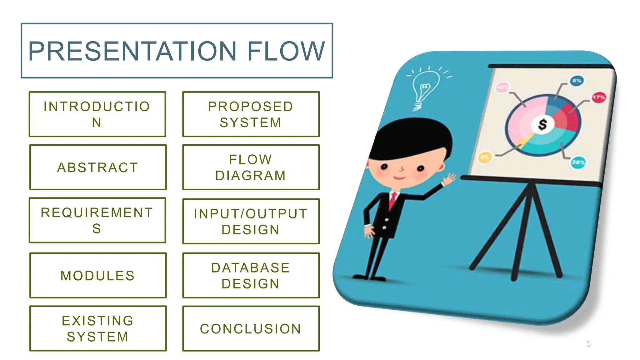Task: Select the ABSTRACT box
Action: click(x=98, y=167)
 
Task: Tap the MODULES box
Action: click(x=98, y=276)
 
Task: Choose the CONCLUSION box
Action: click(x=251, y=329)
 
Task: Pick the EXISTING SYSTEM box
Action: click(x=98, y=329)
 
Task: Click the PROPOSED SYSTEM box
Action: click(x=251, y=114)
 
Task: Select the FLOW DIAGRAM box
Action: click(x=251, y=167)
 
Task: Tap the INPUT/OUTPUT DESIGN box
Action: click(x=251, y=222)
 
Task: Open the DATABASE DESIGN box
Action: click(x=251, y=276)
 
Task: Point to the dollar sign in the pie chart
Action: click(x=542, y=124)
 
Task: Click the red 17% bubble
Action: click(x=598, y=97)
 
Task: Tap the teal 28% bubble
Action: click(x=578, y=162)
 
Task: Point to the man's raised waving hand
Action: click(x=449, y=180)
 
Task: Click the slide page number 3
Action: click(x=588, y=344)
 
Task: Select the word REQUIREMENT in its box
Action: click(x=97, y=213)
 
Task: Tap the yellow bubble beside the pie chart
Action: click(x=485, y=157)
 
